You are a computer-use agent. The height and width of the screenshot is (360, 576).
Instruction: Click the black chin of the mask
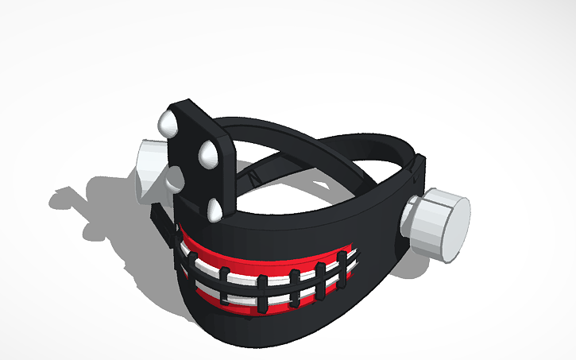tap(262, 326)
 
